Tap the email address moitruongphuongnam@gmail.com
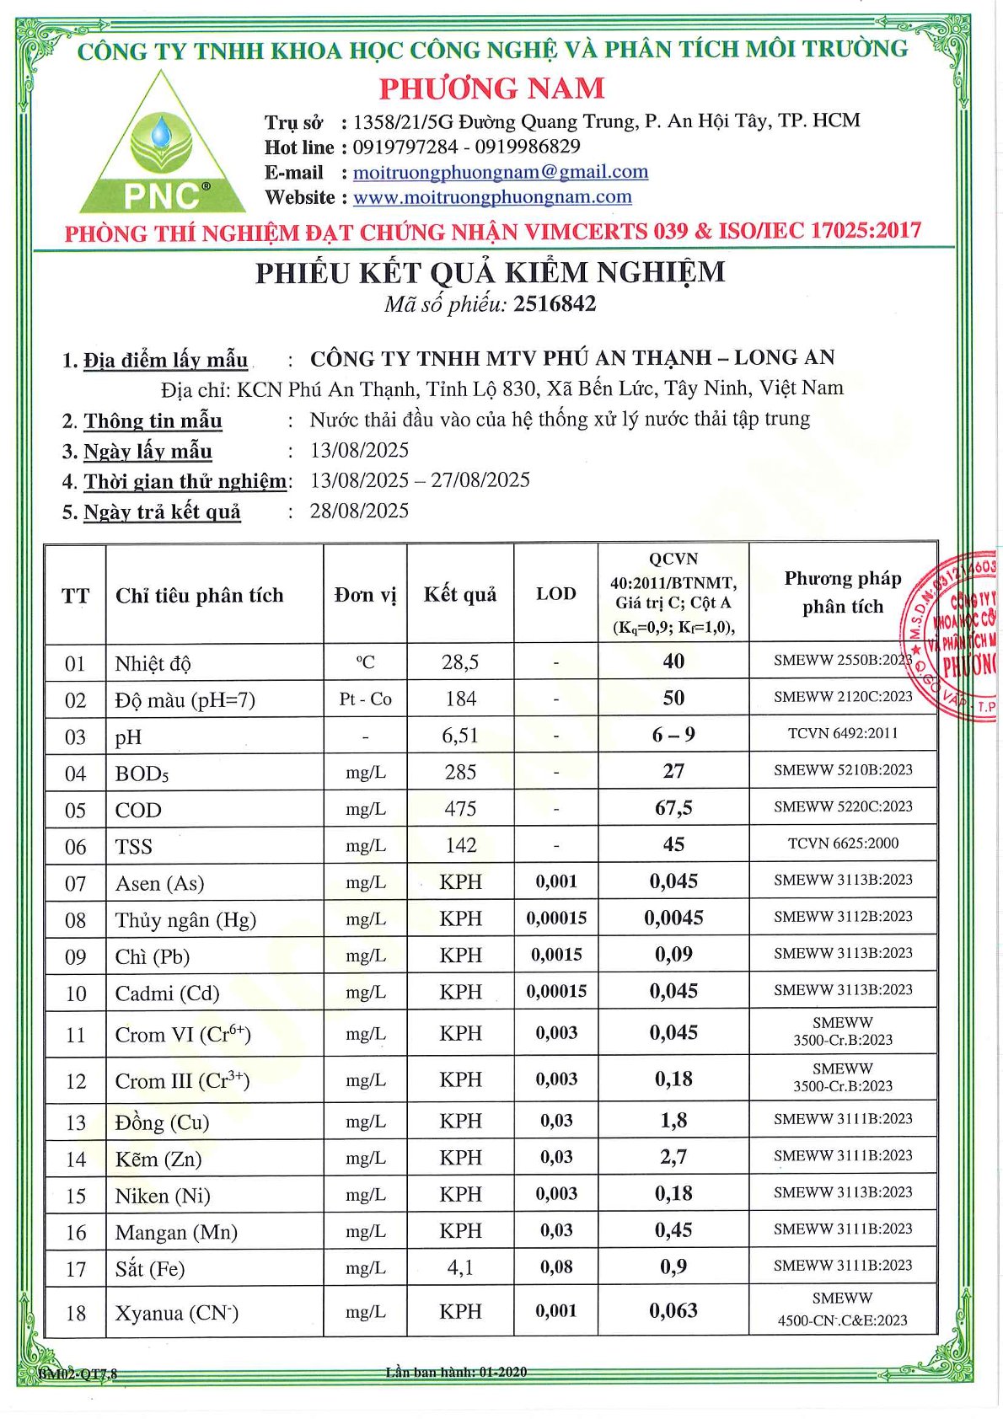[500, 172]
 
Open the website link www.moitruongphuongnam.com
[491, 197]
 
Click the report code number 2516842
[555, 304]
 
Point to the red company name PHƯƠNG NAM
[491, 88]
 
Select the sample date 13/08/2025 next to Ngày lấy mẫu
[359, 450]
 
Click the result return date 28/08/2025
[359, 511]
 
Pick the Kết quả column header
[459, 595]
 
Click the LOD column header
[555, 594]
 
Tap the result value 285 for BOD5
[460, 772]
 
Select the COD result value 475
[460, 809]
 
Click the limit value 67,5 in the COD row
[673, 808]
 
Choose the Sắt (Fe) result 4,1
[460, 1267]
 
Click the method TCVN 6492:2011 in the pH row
[842, 733]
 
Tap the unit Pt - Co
[365, 699]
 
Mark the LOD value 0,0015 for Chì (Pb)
[555, 955]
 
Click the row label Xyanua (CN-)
[177, 1313]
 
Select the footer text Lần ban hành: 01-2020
[456, 1372]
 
